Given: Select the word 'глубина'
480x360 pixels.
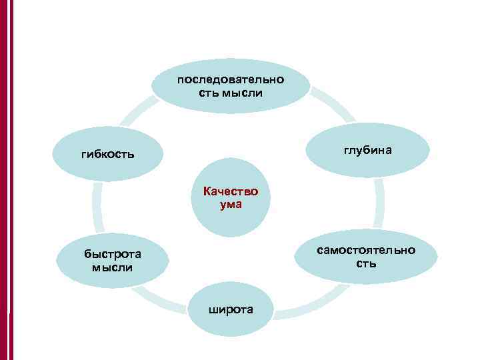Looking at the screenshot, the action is (368, 151).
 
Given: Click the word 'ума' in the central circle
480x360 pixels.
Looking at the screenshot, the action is (231, 205).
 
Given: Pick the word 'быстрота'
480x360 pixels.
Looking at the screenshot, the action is (112, 254).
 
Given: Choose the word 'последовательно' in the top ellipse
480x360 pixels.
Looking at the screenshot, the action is (231, 79).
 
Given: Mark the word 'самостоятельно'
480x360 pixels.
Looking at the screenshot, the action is (366, 250).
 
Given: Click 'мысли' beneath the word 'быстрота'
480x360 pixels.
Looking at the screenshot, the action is (113, 267).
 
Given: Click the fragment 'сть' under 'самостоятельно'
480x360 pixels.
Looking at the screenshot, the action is (366, 263).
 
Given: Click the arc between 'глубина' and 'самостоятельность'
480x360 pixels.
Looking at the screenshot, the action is (379, 203).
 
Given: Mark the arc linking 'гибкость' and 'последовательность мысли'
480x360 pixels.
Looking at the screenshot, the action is (137, 113).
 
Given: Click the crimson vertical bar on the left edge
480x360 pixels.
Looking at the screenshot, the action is (7, 180).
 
